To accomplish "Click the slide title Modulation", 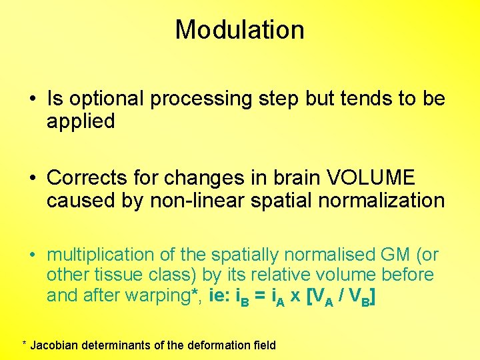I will point(239,30).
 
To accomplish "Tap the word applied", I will point(81,121).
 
